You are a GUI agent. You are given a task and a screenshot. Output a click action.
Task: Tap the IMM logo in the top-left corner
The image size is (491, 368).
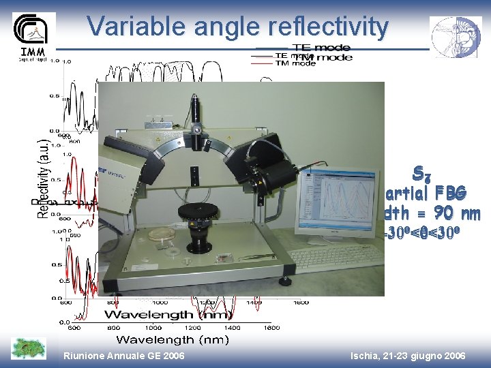click(x=33, y=37)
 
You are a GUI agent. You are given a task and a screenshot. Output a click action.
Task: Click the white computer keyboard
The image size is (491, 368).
click(x=336, y=257)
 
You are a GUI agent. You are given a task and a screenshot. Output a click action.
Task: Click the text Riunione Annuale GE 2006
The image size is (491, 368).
click(x=123, y=356)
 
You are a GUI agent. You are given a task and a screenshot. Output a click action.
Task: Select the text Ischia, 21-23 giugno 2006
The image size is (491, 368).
click(x=407, y=356)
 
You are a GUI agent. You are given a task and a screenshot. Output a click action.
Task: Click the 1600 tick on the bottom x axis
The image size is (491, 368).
click(x=271, y=328)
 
